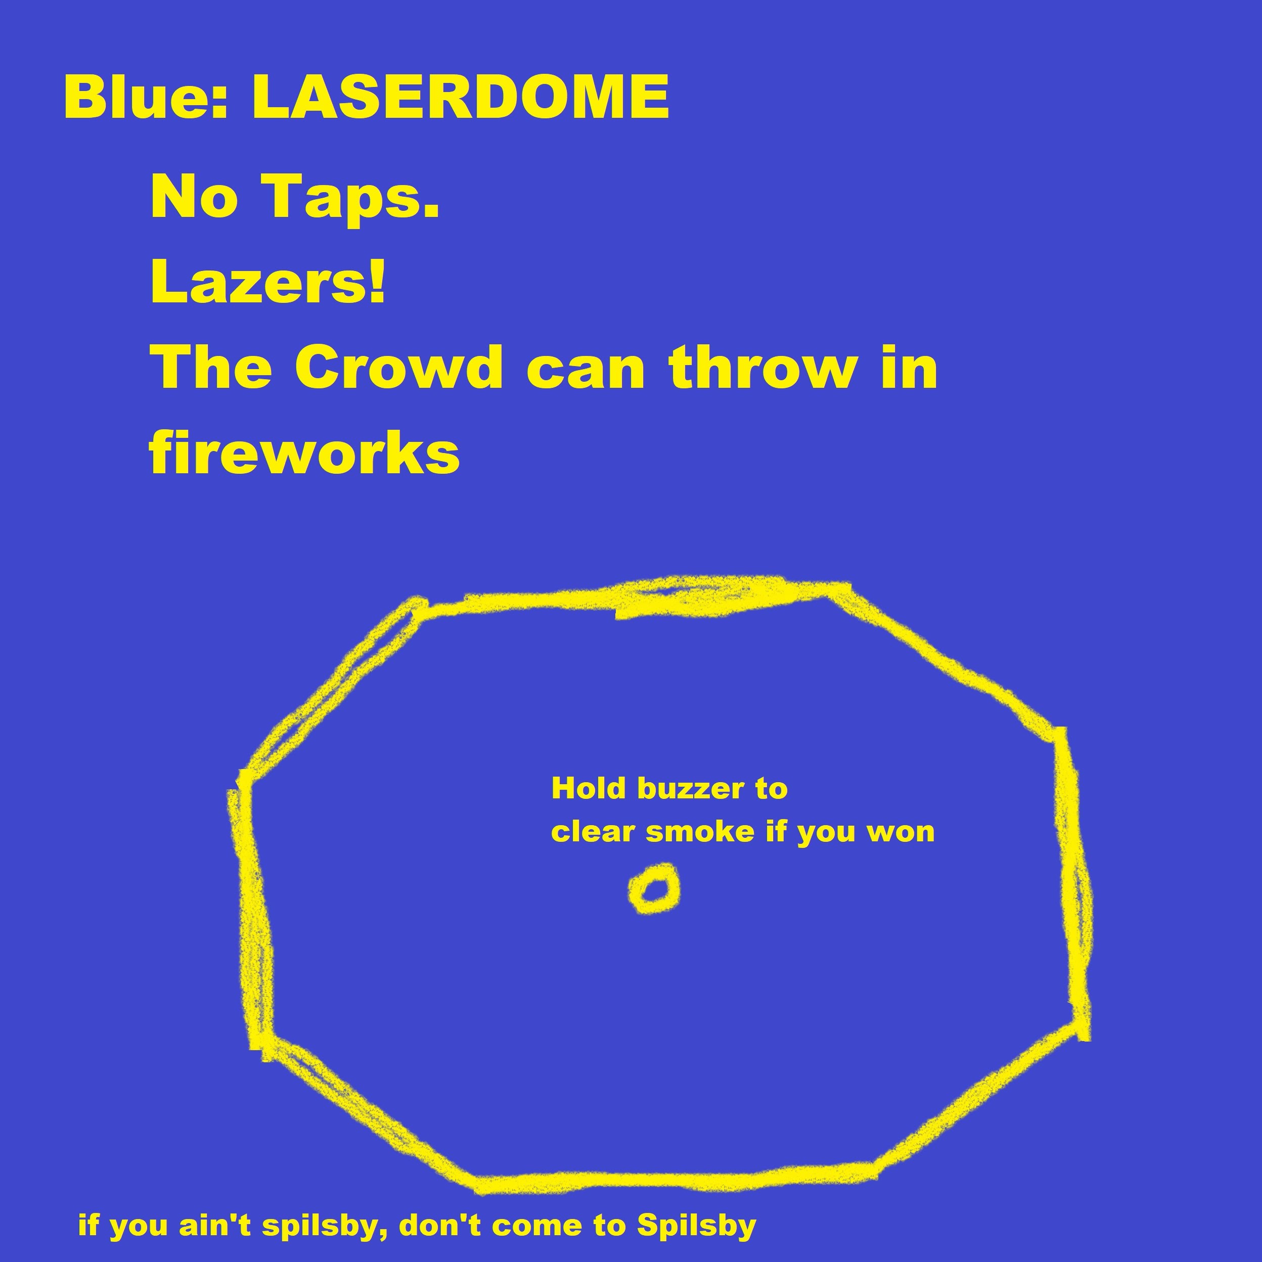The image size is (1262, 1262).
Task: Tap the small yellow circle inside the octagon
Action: pyautogui.click(x=654, y=888)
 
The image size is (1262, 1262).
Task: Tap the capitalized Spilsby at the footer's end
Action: pyautogui.click(x=696, y=1227)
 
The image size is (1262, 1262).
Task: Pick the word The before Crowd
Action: pyautogui.click(x=211, y=367)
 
